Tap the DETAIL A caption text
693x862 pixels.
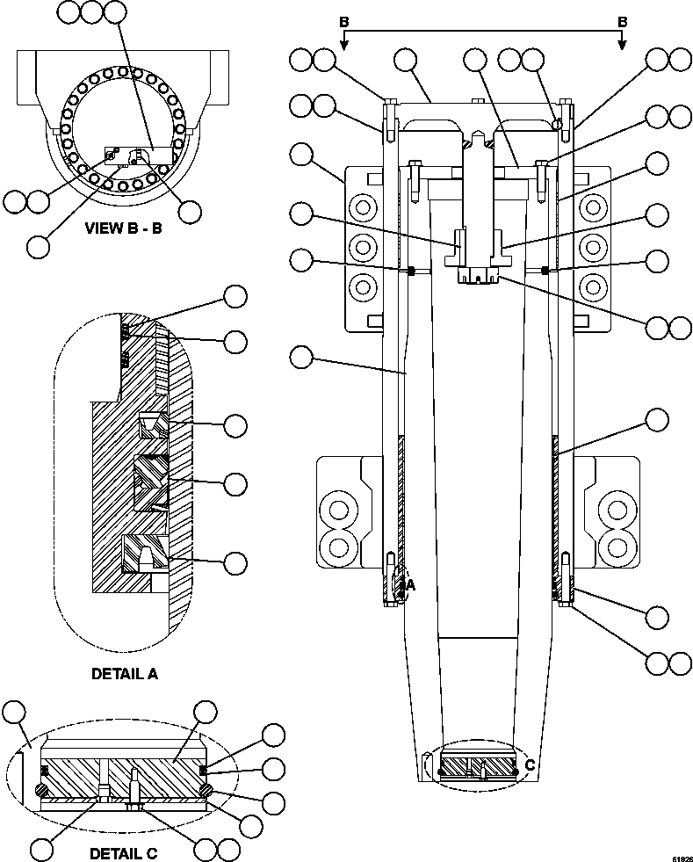tap(125, 674)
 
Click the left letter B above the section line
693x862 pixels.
tap(345, 21)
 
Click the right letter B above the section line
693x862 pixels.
tap(622, 21)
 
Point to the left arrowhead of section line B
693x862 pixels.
tap(345, 45)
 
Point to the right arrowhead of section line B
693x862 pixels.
tap(622, 45)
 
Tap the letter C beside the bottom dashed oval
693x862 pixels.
tap(530, 765)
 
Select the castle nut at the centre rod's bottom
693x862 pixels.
tap(479, 275)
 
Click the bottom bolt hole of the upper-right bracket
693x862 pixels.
tap(595, 286)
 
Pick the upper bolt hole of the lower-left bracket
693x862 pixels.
tap(337, 510)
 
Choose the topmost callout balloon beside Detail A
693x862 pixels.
tap(235, 297)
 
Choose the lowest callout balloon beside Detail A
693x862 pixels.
tap(235, 561)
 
